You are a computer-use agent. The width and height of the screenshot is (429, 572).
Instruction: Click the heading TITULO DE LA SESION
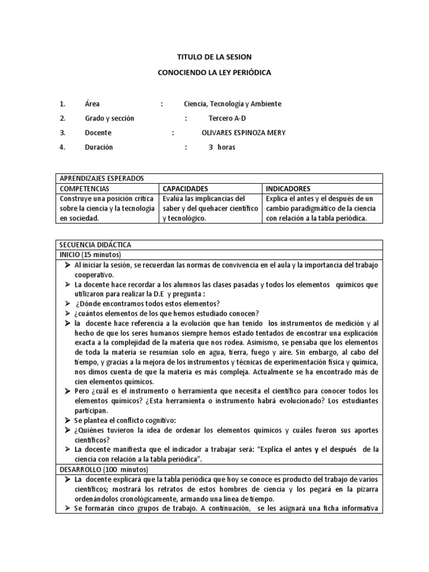coord(214,57)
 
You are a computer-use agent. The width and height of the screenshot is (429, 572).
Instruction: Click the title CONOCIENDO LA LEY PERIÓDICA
coord(214,73)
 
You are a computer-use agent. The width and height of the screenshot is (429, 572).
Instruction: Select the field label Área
coord(92,104)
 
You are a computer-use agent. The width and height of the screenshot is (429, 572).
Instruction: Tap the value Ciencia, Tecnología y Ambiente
coord(232,104)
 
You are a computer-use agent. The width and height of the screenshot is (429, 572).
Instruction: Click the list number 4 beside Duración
coord(62,147)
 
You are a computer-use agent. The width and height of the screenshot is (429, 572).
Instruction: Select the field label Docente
coord(98,133)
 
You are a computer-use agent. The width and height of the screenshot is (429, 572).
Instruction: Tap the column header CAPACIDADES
coord(185,189)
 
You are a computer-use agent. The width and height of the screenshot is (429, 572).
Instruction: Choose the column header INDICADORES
coord(288,189)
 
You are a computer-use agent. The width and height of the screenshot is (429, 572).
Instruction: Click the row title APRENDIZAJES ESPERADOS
coord(102,178)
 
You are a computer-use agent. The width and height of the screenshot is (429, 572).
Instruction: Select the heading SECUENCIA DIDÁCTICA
coord(94,245)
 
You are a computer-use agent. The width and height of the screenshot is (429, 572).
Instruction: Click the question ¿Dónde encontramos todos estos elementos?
coord(140,303)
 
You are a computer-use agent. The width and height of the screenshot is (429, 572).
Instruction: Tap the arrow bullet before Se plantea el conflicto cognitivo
coord(66,420)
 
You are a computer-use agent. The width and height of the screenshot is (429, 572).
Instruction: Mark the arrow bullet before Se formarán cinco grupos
coord(66,509)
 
